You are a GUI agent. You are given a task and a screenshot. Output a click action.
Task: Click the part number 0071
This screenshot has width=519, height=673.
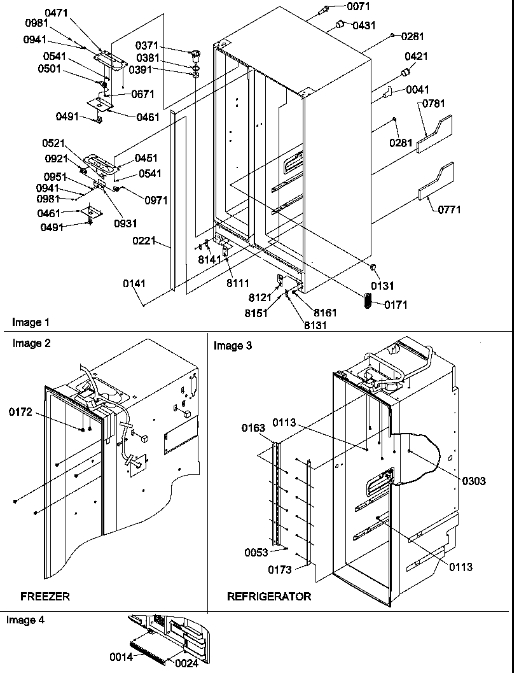(357, 6)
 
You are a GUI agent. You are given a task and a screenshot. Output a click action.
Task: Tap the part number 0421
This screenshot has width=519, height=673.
(416, 57)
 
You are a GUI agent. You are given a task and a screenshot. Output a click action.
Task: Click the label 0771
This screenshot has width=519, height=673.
(448, 209)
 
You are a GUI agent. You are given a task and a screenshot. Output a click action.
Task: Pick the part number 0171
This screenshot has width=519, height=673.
(396, 305)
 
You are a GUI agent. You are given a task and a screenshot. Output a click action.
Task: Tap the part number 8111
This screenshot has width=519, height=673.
(239, 282)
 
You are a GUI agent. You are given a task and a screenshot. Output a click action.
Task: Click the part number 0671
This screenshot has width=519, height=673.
(143, 94)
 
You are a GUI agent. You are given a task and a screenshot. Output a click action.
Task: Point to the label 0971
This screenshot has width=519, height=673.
(156, 200)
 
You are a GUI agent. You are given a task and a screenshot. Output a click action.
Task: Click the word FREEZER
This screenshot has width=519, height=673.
(45, 597)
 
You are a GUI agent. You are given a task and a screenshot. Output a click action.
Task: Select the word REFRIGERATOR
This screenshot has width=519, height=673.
(269, 597)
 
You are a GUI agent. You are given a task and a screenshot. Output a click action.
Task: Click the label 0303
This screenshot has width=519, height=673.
(474, 481)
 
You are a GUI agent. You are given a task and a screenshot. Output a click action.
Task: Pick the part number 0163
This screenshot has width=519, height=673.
(253, 428)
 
